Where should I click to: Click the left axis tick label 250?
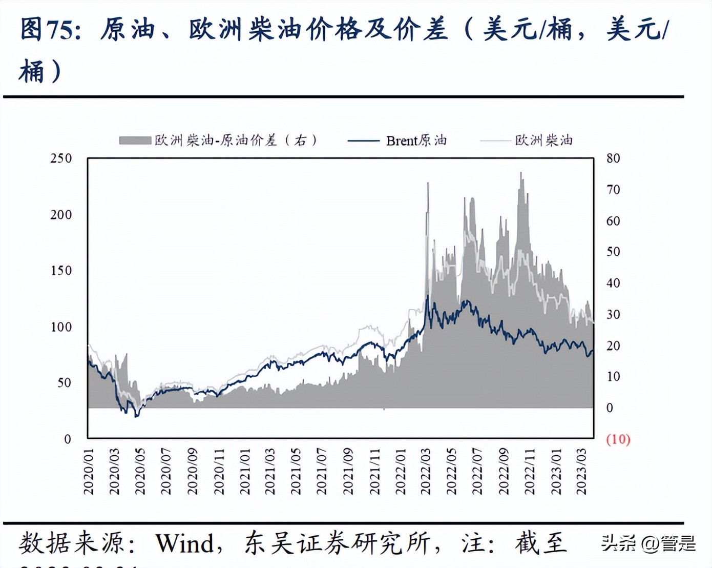(x=61, y=158)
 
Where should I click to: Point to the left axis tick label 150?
(x=61, y=271)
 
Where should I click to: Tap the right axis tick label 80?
(x=613, y=158)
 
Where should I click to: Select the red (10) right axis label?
(x=618, y=439)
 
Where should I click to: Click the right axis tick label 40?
(x=613, y=283)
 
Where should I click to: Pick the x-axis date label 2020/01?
(x=89, y=472)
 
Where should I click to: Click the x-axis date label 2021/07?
(x=321, y=472)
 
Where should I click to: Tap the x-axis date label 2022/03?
(x=425, y=472)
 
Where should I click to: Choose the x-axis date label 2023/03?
(x=581, y=472)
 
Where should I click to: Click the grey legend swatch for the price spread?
(x=135, y=140)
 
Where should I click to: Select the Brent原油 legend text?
(x=416, y=140)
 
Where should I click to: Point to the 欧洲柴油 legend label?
(x=543, y=140)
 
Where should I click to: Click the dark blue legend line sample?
(x=363, y=140)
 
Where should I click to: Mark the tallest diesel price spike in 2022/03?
(x=428, y=184)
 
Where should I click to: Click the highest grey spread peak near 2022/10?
(x=521, y=173)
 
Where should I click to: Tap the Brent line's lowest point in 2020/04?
(x=136, y=416)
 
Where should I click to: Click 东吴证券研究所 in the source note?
(x=337, y=543)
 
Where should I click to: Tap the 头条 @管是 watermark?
(x=648, y=543)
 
